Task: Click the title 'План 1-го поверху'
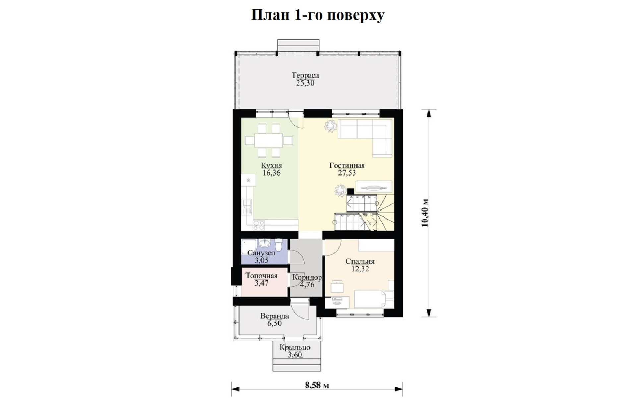(x=318, y=15)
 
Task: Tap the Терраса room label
(x=305, y=76)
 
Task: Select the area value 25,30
(x=305, y=83)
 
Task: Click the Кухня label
(x=271, y=165)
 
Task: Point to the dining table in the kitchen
(x=269, y=141)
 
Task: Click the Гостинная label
(x=347, y=165)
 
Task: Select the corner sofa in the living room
(x=365, y=138)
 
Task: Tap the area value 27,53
(x=347, y=173)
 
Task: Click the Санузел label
(x=261, y=253)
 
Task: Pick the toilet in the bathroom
(x=279, y=246)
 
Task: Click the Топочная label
(x=261, y=276)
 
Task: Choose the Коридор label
(x=307, y=277)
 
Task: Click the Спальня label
(x=360, y=261)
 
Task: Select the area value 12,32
(x=360, y=269)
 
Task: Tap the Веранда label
(x=275, y=316)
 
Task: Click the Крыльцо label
(x=295, y=348)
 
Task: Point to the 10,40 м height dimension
(x=425, y=213)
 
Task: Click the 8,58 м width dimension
(x=317, y=385)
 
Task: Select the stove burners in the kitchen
(x=259, y=225)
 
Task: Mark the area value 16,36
(x=271, y=173)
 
